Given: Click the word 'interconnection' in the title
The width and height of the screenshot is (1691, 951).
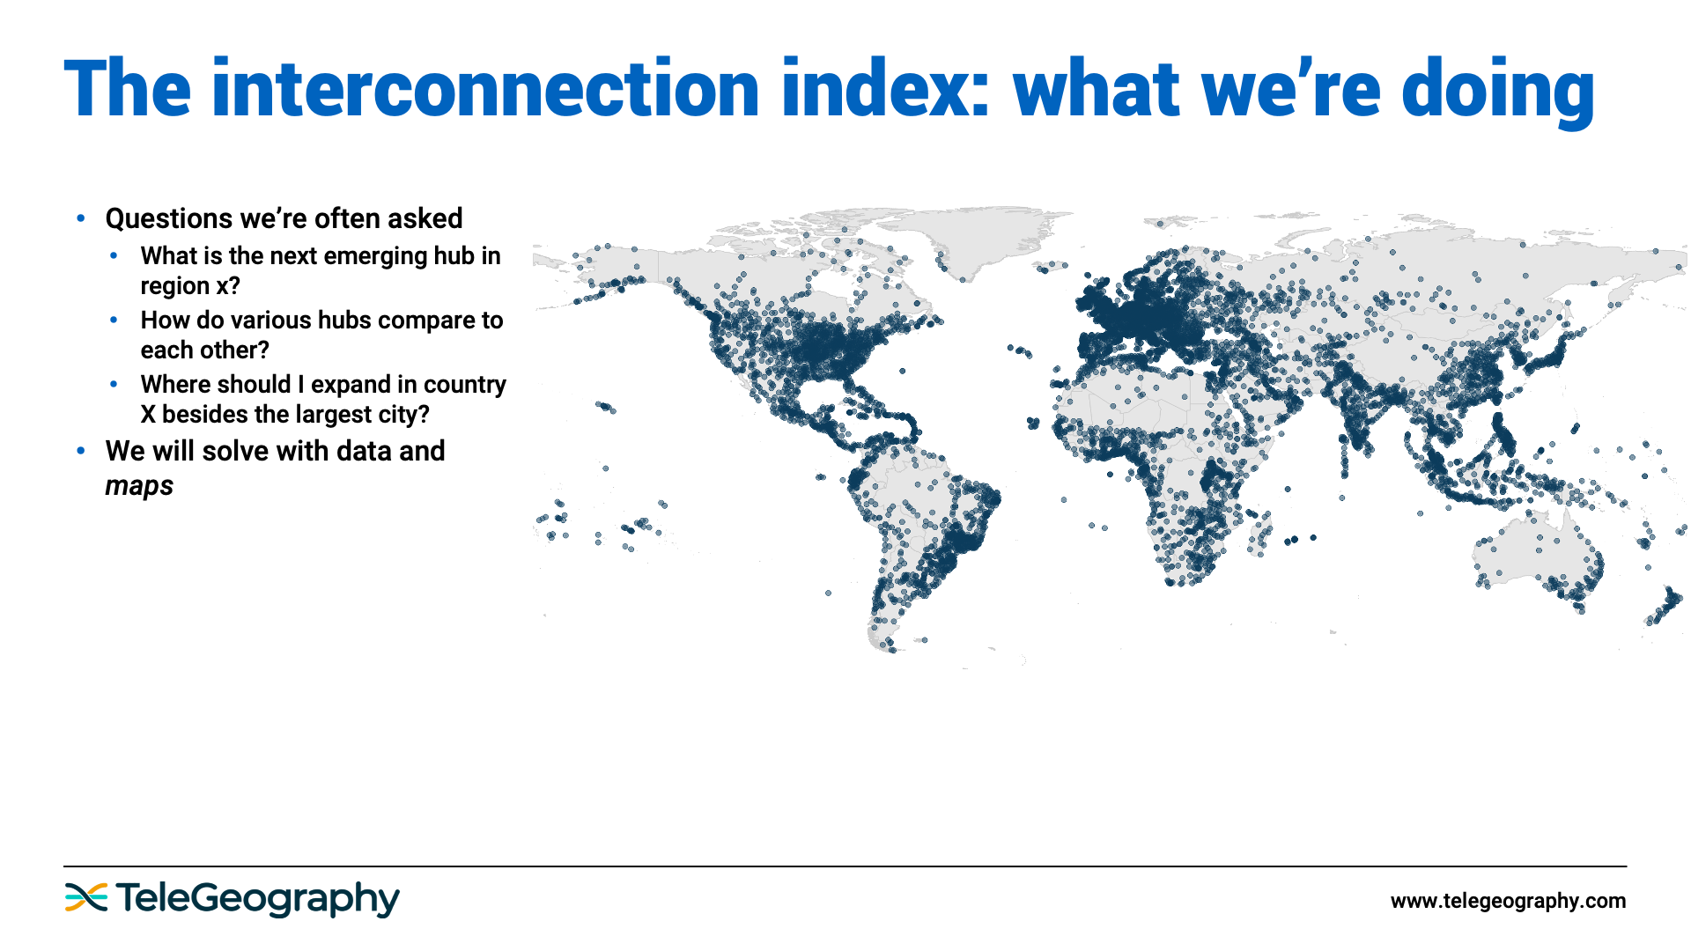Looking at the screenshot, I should click(485, 89).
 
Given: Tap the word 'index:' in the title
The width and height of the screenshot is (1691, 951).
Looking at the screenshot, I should click(886, 89).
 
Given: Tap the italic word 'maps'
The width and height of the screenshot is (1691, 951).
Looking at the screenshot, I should click(139, 486).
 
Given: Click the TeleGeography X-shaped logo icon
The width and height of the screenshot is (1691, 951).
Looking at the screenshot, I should click(85, 897).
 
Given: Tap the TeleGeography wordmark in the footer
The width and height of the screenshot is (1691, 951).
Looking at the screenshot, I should click(257, 899).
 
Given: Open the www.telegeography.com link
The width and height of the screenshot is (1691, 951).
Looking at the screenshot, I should click(1508, 901).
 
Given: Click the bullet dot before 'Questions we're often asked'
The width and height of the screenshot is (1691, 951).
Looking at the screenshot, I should click(81, 218).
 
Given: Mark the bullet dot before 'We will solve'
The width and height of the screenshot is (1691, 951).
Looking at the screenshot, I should click(81, 451).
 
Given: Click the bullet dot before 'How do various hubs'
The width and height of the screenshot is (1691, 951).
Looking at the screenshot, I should click(114, 321).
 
